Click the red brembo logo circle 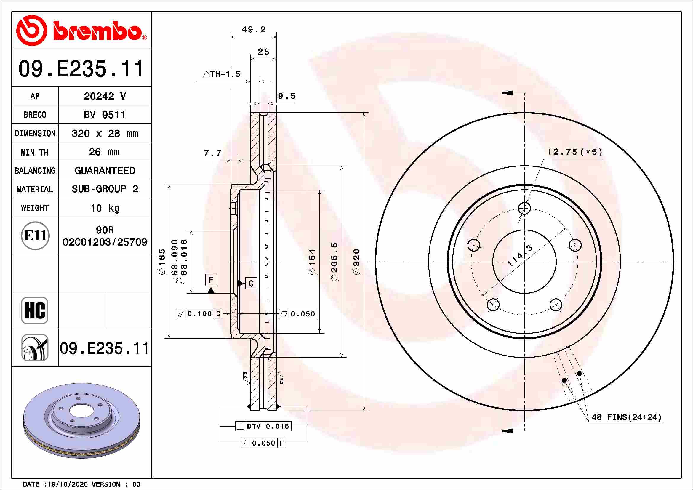31,31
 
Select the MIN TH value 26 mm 104,152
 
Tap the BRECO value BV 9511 104,115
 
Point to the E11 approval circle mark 35,236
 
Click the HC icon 35,310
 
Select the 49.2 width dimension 254,30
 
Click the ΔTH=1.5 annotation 222,74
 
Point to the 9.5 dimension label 287,96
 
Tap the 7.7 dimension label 212,153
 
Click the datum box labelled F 211,280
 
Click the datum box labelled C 251,283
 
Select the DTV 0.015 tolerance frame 263,426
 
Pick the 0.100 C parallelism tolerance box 199,314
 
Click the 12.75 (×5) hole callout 574,152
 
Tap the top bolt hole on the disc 525,208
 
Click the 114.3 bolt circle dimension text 520,256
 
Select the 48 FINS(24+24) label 626,417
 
